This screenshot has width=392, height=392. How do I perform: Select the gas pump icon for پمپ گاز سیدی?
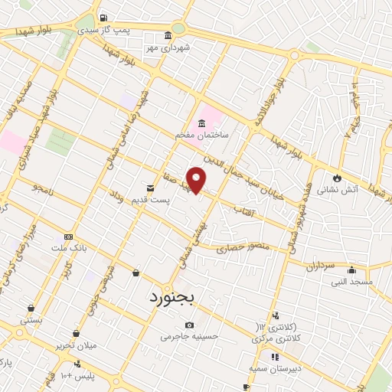[x=104, y=18]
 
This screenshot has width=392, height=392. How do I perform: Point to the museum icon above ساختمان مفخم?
[x=201, y=122]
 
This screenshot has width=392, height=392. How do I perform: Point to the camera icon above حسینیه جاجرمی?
[x=189, y=325]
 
